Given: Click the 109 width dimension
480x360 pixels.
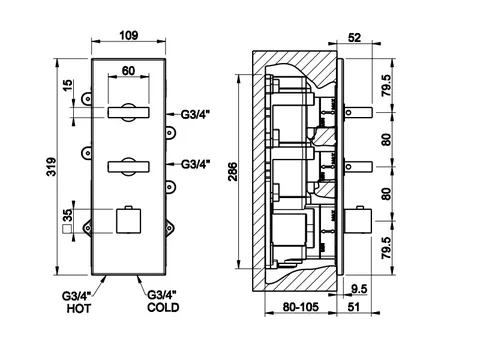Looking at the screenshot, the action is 129,35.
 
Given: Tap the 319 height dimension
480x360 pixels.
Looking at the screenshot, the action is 52,167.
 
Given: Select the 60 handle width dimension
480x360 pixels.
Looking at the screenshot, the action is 128,71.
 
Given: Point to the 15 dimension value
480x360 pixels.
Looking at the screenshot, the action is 68,85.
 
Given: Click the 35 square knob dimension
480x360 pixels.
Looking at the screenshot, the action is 68,215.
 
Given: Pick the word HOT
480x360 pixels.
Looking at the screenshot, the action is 79,308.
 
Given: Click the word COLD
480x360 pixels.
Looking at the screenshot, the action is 163,307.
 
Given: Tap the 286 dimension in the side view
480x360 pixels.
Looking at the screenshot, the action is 233,171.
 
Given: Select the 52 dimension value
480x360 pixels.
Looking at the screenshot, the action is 354,37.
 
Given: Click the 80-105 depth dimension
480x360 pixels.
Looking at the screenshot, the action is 301,307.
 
